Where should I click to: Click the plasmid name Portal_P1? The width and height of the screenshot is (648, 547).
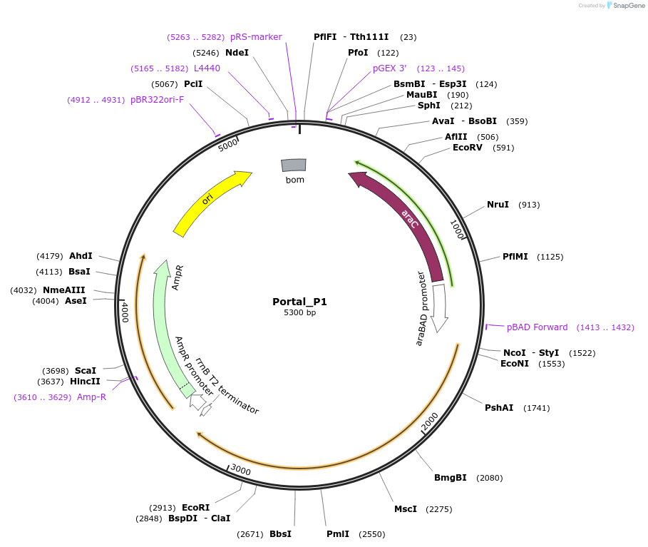click(x=299, y=302)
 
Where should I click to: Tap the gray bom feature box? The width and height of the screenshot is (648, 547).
click(x=294, y=165)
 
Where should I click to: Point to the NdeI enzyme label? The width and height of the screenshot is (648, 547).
click(x=237, y=53)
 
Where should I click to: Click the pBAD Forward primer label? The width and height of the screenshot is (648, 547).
click(x=537, y=327)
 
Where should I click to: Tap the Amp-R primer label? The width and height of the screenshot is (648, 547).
click(x=91, y=397)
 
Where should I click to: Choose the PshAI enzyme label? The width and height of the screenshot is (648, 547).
click(x=499, y=408)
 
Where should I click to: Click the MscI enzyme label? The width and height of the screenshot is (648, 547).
click(x=406, y=509)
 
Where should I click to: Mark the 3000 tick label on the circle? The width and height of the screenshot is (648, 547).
click(x=241, y=471)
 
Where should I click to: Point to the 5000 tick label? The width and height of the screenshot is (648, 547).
click(x=228, y=145)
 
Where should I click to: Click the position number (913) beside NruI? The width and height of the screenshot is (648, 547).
click(x=529, y=205)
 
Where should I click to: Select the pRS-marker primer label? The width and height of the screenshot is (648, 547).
click(x=256, y=37)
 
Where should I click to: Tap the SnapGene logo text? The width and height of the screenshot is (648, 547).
click(x=629, y=6)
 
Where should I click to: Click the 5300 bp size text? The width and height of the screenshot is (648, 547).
click(x=299, y=313)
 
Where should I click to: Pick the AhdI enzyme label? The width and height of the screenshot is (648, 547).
click(x=81, y=256)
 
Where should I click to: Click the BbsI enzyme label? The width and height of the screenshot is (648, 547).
click(x=280, y=534)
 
